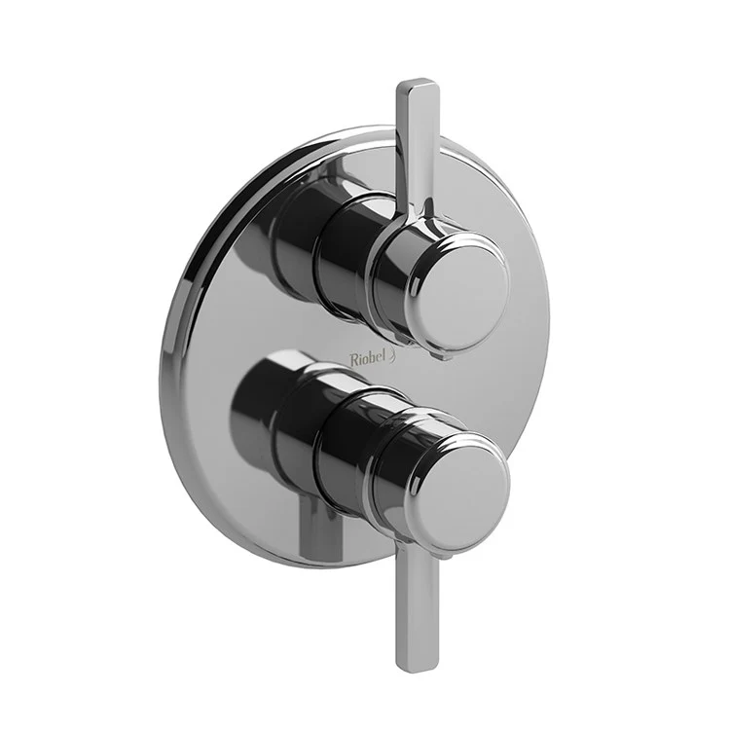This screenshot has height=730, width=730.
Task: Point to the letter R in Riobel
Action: [353, 358]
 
